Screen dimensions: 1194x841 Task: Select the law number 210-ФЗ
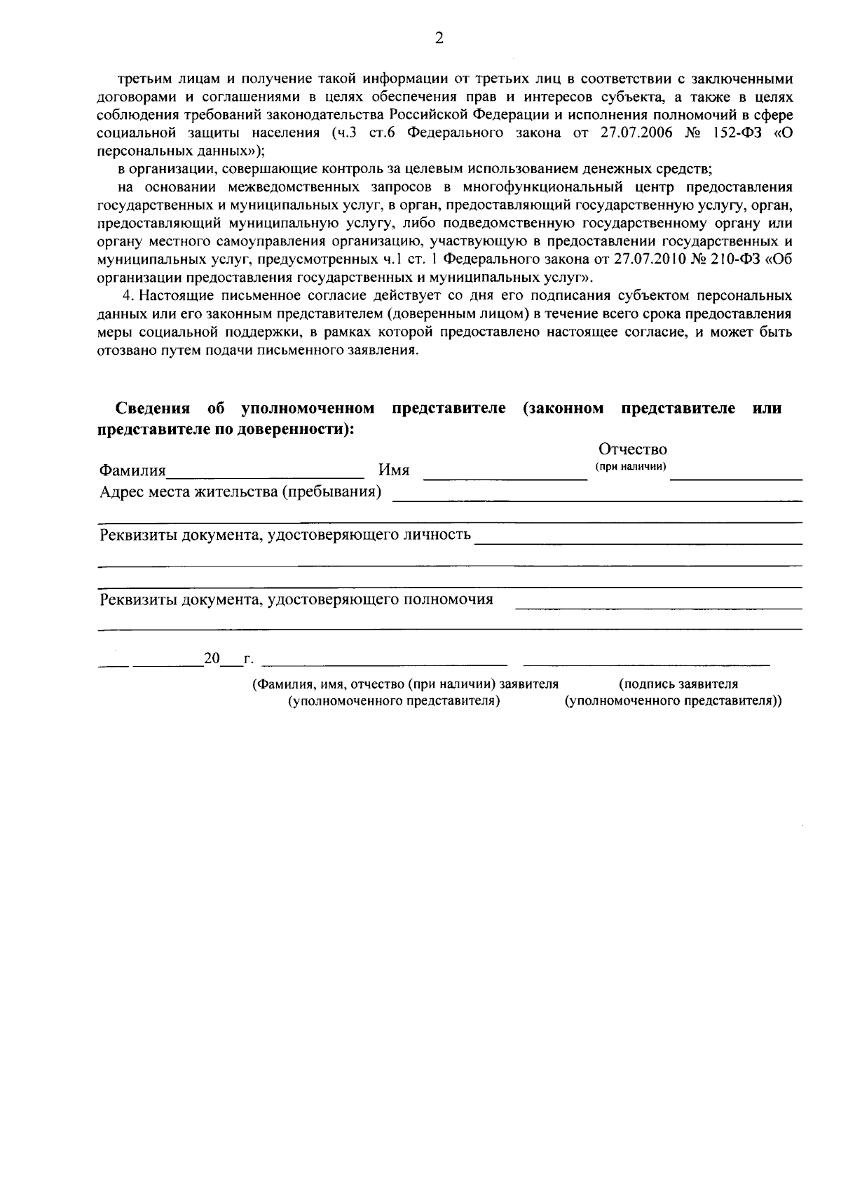734,259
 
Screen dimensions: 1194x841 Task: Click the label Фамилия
132,470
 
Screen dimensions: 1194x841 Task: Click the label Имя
394,470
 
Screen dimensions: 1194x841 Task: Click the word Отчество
632,449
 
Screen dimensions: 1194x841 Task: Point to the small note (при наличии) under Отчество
631,467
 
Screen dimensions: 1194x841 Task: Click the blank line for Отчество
736,479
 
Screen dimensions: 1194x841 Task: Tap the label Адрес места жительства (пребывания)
240,492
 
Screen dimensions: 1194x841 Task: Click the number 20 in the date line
212,659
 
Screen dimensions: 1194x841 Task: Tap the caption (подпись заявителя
678,684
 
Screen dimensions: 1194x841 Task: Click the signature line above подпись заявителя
646,663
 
